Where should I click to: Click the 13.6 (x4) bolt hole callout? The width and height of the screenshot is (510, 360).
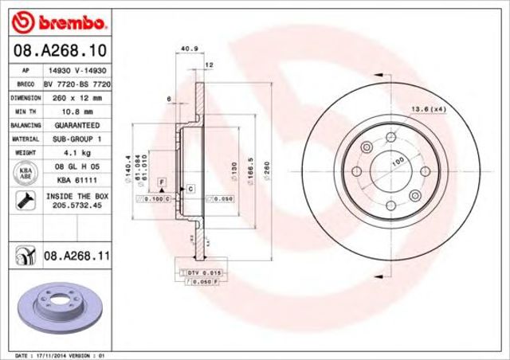428,108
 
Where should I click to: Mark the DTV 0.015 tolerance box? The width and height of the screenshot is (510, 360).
197,272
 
